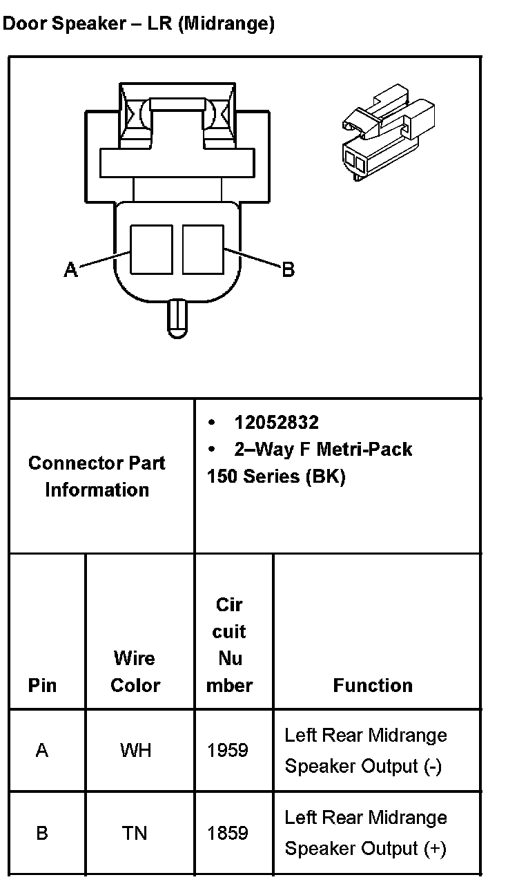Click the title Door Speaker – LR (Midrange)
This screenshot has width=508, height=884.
139,24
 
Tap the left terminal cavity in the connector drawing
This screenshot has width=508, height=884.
151,249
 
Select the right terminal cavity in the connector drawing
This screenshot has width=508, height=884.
203,249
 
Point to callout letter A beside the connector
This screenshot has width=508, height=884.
70,269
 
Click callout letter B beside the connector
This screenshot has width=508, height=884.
289,269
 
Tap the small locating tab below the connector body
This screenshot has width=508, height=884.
177,318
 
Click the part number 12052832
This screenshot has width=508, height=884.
276,423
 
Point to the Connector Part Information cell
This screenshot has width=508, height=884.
97,477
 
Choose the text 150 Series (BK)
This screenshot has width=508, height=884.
276,477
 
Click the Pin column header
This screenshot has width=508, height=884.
43,685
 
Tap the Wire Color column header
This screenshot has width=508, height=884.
135,671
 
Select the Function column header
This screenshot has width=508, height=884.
373,685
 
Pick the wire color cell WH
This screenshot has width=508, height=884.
135,750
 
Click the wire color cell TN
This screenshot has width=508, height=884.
135,834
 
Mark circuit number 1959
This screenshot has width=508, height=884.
228,750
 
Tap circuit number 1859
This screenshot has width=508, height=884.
228,834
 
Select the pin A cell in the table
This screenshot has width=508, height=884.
42,750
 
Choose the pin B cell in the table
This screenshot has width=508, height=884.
42,834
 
